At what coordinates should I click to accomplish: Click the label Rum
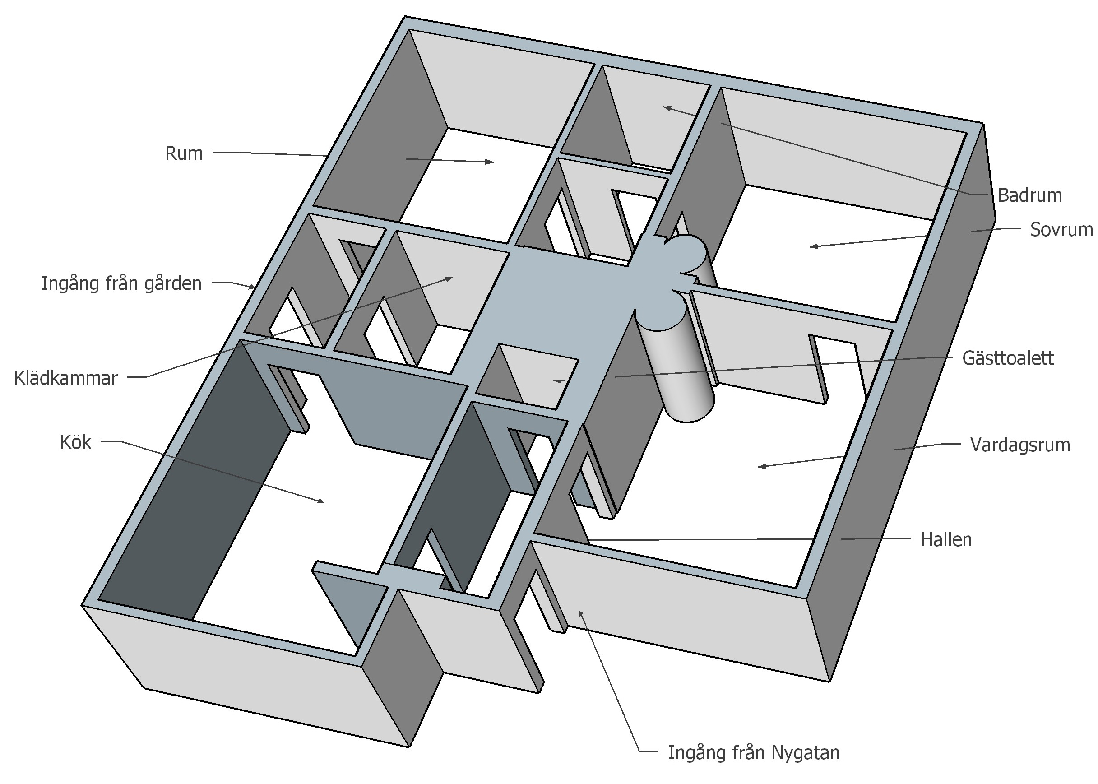click(x=183, y=153)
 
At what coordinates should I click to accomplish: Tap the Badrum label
click(x=1029, y=195)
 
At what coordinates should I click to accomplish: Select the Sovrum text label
click(x=1061, y=230)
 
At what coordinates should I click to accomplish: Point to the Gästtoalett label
click(x=1008, y=358)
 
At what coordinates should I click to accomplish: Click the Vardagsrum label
click(x=1020, y=445)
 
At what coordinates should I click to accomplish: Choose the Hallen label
click(x=946, y=540)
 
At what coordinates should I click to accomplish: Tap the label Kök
click(x=75, y=442)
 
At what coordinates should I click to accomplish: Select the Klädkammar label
click(x=65, y=378)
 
